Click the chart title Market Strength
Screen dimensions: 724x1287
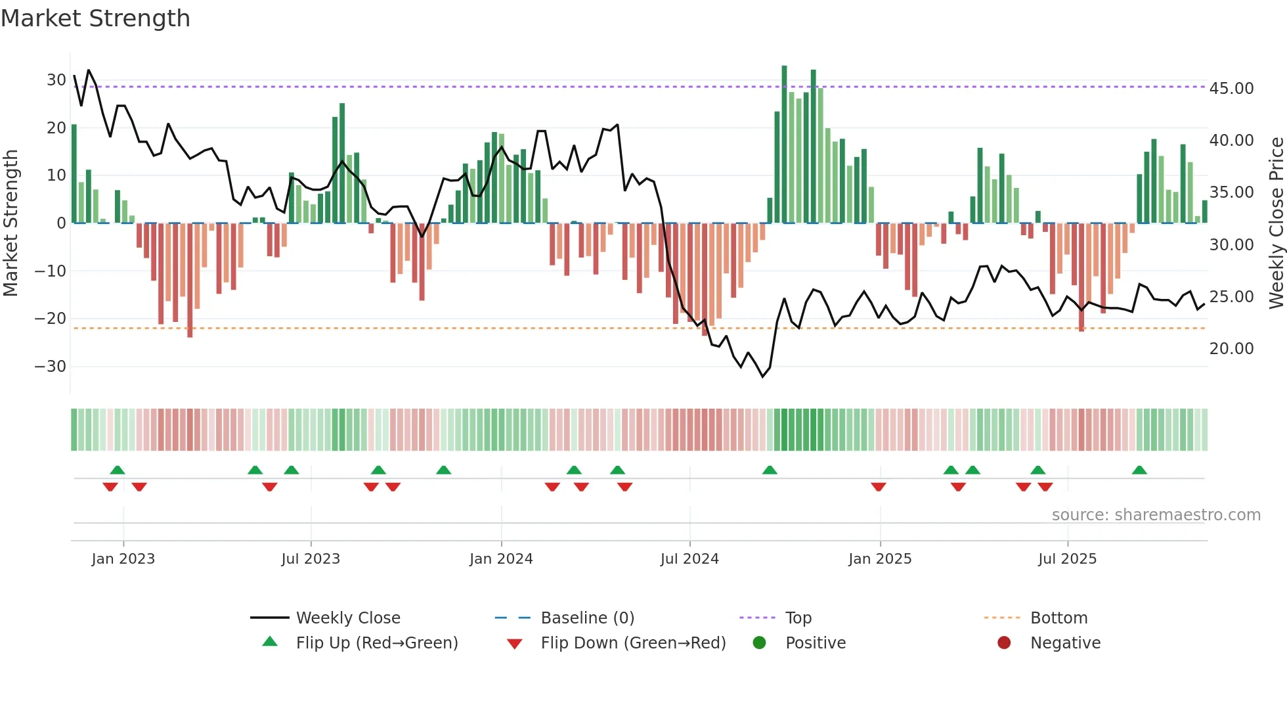[95, 18]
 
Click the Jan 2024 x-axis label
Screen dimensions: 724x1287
[501, 559]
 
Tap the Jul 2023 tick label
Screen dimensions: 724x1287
[311, 559]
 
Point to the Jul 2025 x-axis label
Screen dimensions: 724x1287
[1067, 559]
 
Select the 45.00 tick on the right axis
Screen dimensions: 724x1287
[1231, 89]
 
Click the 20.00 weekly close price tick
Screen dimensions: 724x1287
[1231, 349]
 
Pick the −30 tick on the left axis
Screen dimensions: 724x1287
[51, 367]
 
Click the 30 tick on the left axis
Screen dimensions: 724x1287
[56, 80]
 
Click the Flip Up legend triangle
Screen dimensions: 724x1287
[270, 642]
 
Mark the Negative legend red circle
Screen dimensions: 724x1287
[1004, 643]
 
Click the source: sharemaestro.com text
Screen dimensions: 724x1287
[1156, 515]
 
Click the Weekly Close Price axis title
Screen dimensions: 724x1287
[1276, 223]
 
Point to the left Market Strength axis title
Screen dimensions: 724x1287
[11, 223]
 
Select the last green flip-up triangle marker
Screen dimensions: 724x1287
[1139, 470]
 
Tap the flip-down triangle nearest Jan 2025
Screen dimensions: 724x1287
[879, 487]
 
